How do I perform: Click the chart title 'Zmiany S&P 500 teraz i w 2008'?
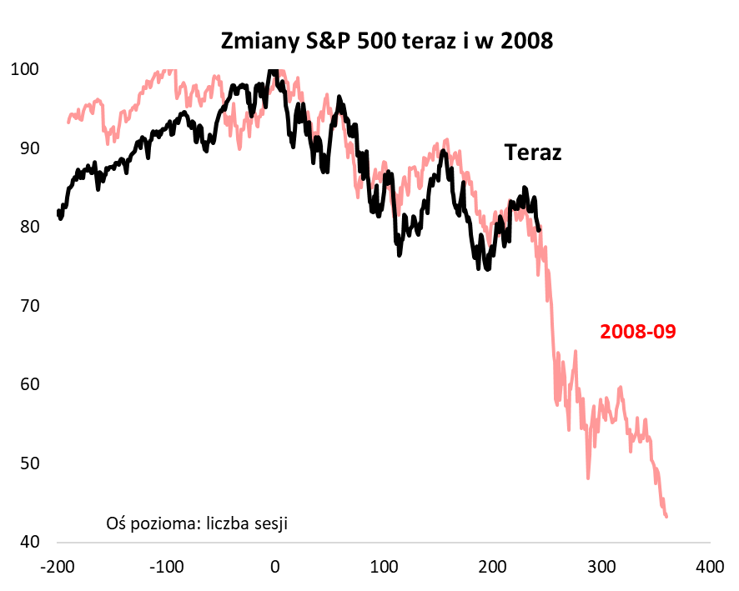(x=386, y=41)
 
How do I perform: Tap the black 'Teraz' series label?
(x=532, y=153)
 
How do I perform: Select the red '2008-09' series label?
(x=637, y=332)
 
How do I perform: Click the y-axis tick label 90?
(x=29, y=148)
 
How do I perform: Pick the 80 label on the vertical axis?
(x=29, y=227)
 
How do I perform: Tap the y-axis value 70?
(x=29, y=306)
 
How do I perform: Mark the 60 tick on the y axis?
(x=29, y=384)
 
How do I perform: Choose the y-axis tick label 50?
(x=29, y=463)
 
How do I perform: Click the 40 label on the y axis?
(x=29, y=542)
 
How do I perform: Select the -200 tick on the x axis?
(x=58, y=567)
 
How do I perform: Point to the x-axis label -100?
(x=167, y=567)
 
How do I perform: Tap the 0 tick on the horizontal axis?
(x=275, y=567)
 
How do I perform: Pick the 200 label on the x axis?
(x=492, y=567)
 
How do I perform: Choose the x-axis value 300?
(x=601, y=567)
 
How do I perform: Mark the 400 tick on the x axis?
(x=709, y=567)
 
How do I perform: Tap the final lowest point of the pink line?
(x=666, y=517)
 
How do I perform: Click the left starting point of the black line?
(x=58, y=213)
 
